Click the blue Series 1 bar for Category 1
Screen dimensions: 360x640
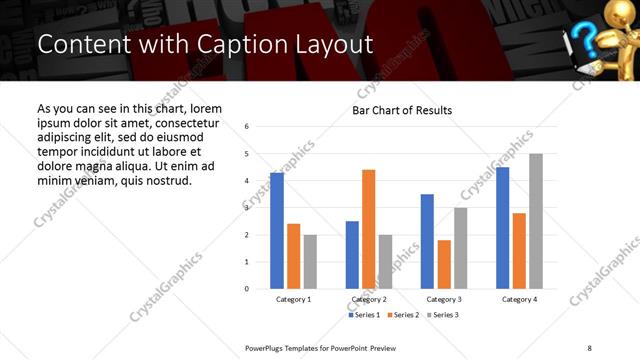(277, 231)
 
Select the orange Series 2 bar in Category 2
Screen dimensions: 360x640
(368, 229)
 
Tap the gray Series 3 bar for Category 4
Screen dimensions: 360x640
(535, 221)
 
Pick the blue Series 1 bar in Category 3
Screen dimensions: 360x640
(427, 241)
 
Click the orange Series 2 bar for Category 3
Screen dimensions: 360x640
(444, 264)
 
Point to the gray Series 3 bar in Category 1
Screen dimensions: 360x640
(310, 262)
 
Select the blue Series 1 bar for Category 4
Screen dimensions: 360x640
(502, 228)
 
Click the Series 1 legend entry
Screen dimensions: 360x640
(366, 315)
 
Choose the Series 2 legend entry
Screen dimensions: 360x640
(403, 315)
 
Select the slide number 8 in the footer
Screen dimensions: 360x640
(588, 347)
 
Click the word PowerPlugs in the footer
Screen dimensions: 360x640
(265, 347)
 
